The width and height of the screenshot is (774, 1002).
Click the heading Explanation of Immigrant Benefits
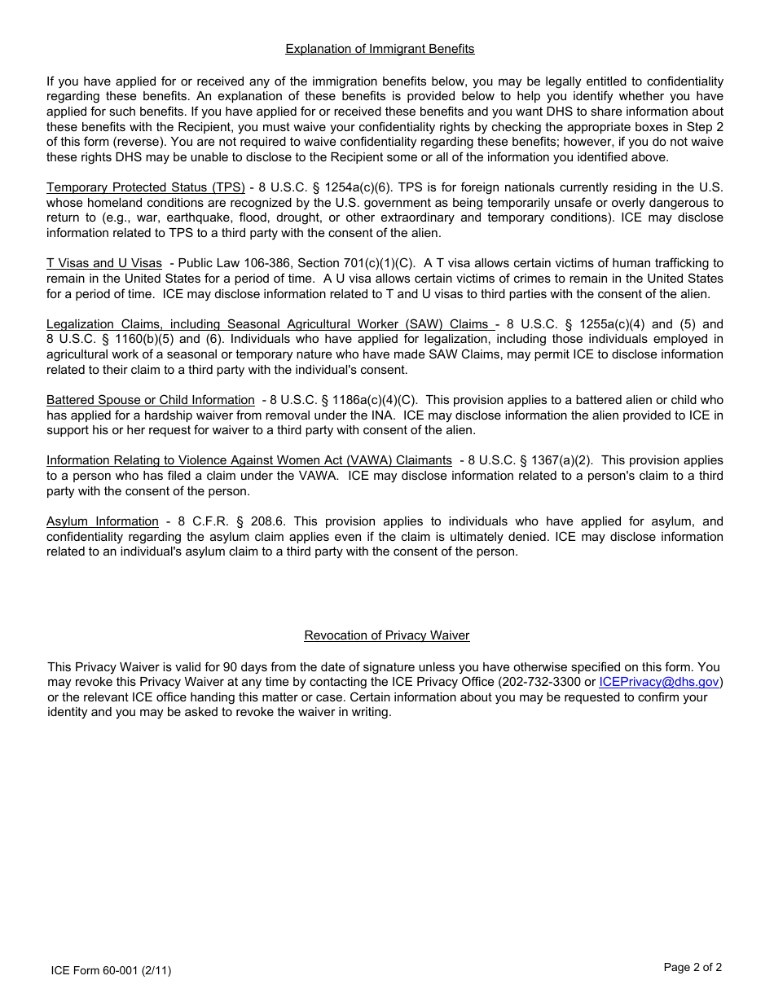pos(380,49)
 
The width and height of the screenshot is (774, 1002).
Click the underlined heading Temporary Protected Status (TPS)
pos(145,187)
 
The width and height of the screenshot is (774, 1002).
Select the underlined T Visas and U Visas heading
pos(103,263)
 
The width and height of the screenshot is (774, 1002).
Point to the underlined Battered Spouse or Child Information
pos(150,400)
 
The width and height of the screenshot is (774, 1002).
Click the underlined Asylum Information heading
pos(102,521)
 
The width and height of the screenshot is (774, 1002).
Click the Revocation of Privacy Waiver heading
pos(386,635)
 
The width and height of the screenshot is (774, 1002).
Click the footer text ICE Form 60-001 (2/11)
pos(111,970)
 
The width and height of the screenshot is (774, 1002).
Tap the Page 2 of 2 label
pos(693,968)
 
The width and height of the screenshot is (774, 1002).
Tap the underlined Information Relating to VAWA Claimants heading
pos(248,460)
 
